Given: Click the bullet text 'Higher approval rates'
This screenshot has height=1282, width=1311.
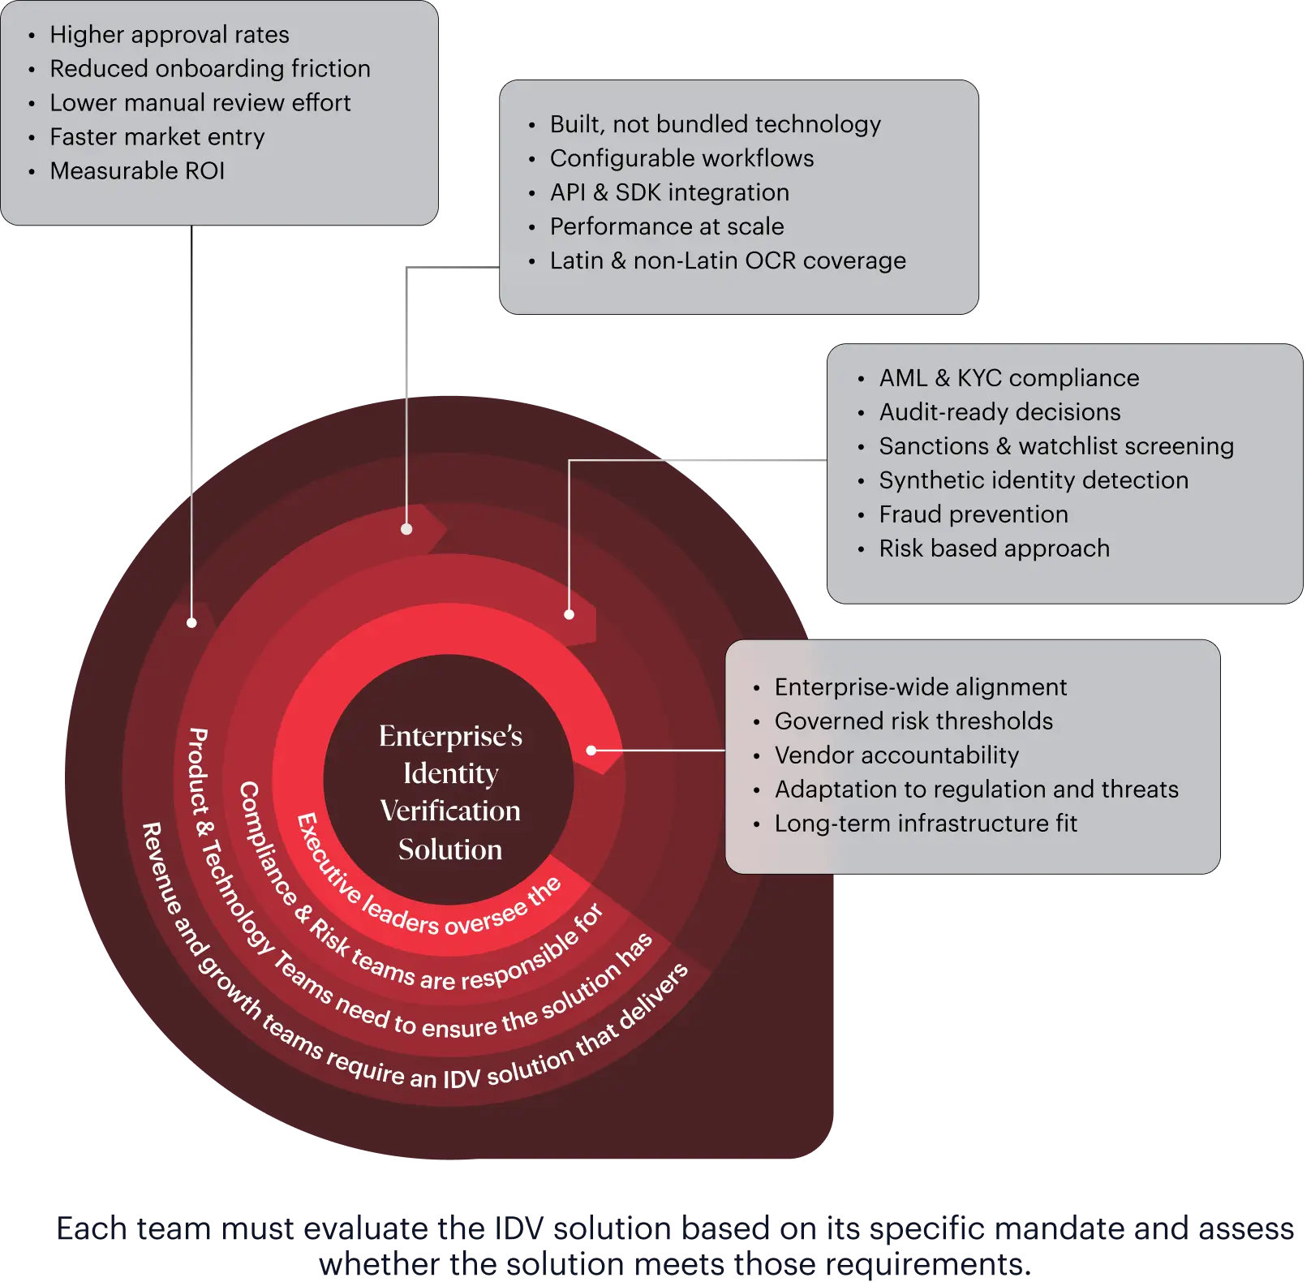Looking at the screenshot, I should (169, 35).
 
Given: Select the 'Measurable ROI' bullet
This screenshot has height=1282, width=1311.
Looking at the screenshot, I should (137, 171).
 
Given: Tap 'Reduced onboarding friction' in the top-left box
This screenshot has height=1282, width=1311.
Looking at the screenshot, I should (209, 69).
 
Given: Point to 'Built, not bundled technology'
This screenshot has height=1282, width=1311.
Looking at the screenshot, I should (715, 124).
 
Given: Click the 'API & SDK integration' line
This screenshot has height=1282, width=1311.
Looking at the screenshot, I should (669, 192).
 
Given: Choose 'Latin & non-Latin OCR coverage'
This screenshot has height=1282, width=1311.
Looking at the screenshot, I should (728, 260).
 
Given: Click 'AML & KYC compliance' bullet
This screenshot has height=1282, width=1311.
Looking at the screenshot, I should (1008, 378).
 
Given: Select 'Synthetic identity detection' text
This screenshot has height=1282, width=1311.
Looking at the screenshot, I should (1034, 480).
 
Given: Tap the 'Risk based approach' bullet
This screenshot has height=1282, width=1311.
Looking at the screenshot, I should (994, 549).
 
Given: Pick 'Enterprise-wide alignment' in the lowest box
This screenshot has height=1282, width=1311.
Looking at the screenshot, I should (920, 687).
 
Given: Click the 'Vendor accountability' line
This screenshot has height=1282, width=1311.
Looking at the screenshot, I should (896, 755).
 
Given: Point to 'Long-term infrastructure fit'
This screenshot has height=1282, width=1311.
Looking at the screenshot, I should (926, 824).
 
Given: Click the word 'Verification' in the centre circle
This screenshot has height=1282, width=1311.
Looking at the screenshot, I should (450, 811).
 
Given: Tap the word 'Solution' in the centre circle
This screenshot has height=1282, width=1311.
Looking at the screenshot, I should (450, 850).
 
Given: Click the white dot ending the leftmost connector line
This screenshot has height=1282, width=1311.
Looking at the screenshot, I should (191, 622).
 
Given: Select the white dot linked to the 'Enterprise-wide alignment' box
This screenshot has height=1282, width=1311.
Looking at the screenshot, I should (591, 751).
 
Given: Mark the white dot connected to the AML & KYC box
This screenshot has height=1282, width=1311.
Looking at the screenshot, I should (569, 614).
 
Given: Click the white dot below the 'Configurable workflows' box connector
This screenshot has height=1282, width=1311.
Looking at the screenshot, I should (406, 529).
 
